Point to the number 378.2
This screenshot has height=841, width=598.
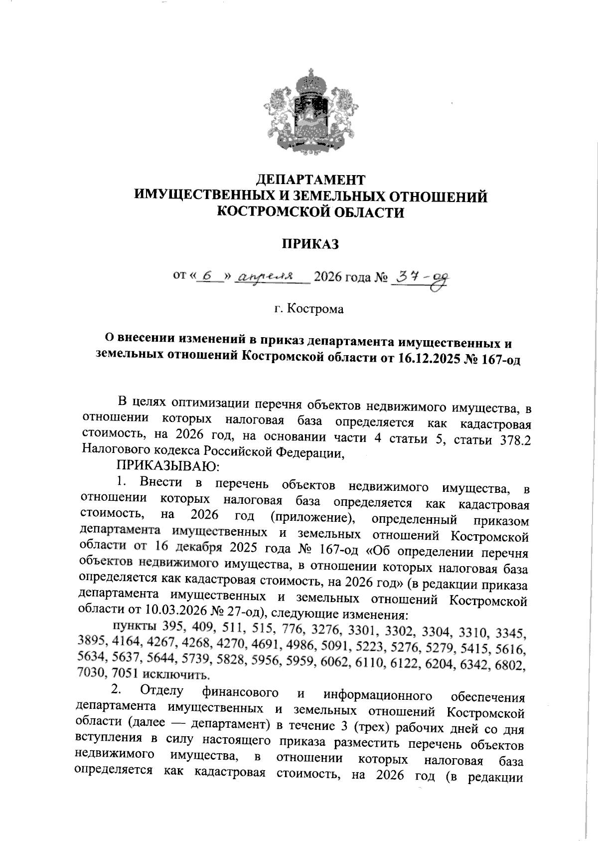coord(515,441)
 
